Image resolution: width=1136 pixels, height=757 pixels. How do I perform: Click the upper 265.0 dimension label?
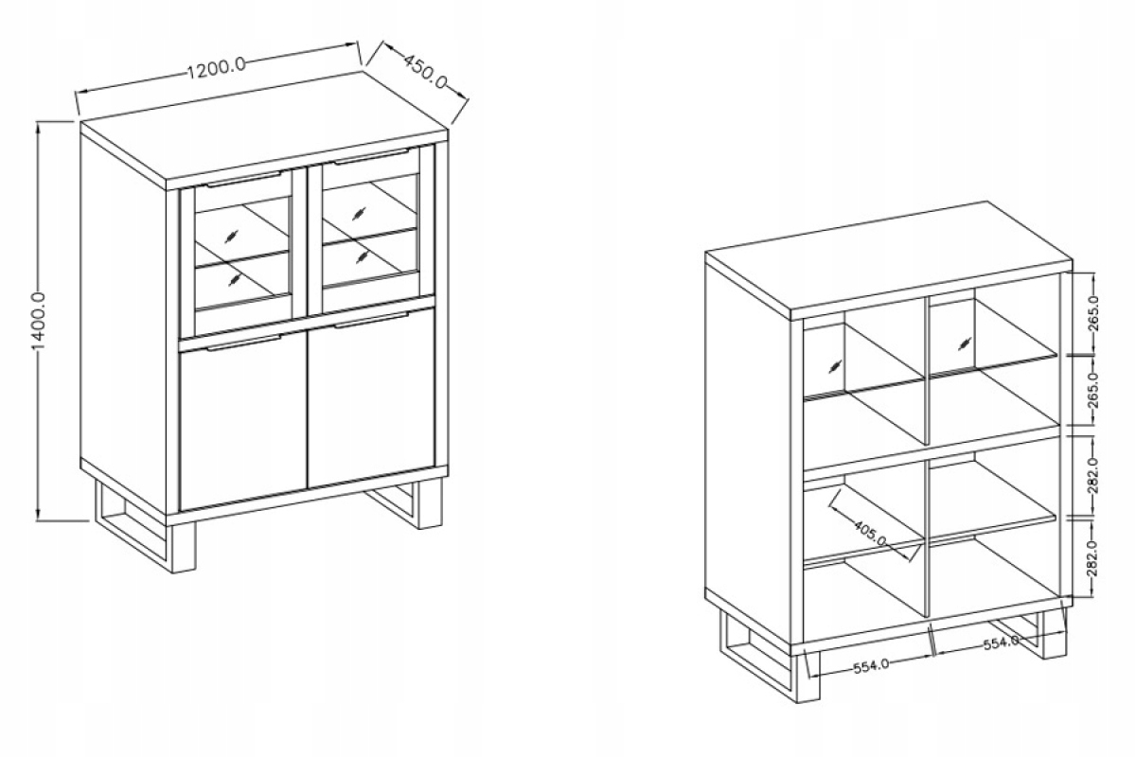(x=1093, y=313)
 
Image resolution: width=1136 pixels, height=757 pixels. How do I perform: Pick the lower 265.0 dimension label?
(x=1093, y=391)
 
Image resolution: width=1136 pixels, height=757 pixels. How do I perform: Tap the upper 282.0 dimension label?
(x=1093, y=475)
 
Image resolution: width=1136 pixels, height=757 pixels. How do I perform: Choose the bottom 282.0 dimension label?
(x=1093, y=558)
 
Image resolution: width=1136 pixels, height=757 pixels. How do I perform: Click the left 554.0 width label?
(x=871, y=666)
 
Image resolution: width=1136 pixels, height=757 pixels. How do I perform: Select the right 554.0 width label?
(x=1002, y=643)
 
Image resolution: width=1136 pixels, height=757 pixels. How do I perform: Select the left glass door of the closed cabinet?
(x=238, y=254)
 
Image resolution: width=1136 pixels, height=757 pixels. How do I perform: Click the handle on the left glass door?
(x=243, y=180)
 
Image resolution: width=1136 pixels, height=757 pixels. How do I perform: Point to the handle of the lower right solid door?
(x=371, y=321)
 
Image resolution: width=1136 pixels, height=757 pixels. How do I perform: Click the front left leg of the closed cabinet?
(x=184, y=548)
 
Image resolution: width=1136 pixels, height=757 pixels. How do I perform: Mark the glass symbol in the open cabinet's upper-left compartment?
(x=835, y=365)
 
